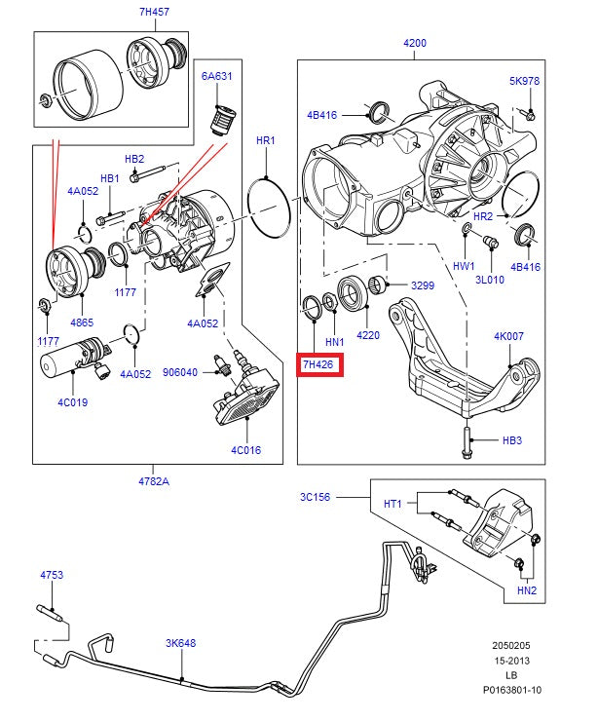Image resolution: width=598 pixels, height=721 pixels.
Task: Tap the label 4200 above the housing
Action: tap(415, 43)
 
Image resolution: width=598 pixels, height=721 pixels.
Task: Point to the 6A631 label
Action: tap(216, 75)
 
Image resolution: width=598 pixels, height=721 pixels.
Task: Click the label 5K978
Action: tap(524, 81)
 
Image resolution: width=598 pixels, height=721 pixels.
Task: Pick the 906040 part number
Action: tap(180, 371)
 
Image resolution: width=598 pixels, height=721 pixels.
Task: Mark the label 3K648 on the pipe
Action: tap(181, 643)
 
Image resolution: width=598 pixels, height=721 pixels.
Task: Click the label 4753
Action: tap(52, 576)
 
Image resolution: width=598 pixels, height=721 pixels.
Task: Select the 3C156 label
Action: tap(315, 498)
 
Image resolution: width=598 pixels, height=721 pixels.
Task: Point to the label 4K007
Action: tap(508, 336)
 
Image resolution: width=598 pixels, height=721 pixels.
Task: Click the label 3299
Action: tap(422, 286)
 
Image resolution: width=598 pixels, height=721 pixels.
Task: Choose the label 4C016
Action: tap(246, 449)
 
